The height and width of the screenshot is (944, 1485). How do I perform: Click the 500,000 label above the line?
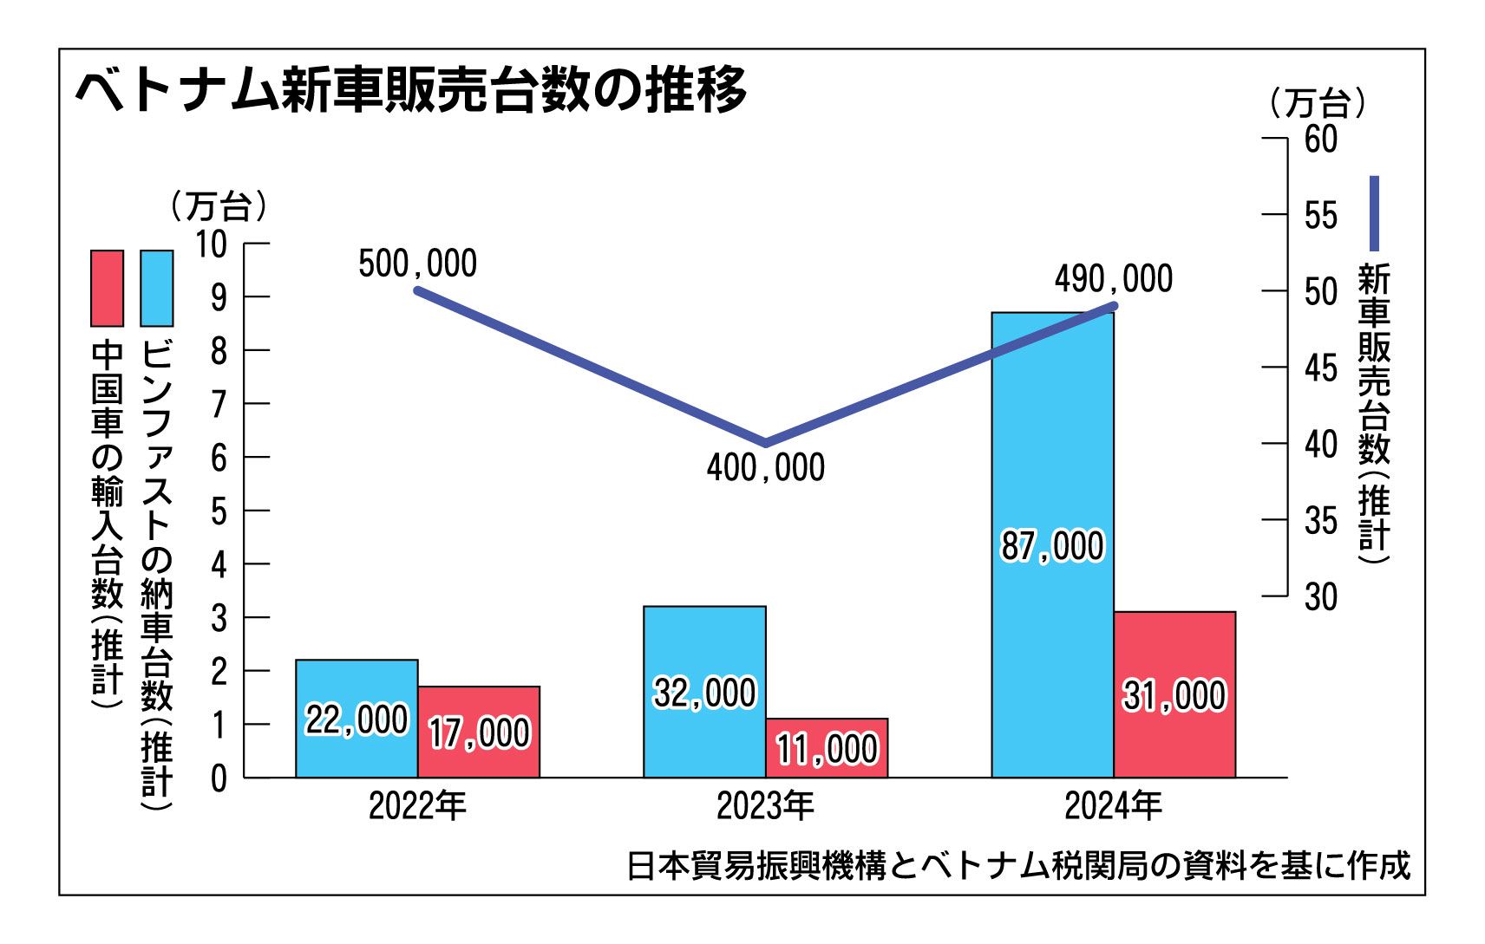point(417,264)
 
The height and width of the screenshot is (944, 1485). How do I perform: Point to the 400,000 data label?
point(765,468)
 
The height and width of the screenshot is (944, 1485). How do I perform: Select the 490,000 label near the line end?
point(1114,279)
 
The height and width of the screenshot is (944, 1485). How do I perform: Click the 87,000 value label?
point(1052,546)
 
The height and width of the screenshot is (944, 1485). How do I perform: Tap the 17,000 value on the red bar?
point(479,733)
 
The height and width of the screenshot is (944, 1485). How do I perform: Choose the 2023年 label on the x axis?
point(765,806)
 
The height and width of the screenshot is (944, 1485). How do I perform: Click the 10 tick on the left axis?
point(211,244)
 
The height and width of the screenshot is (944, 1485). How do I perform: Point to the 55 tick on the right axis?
point(1320,215)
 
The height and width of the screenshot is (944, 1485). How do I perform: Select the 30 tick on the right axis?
point(1320,596)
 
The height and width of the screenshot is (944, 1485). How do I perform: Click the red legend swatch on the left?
point(108,288)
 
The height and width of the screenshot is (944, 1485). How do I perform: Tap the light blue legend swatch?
point(157,288)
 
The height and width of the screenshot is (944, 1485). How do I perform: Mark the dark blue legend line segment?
point(1374,213)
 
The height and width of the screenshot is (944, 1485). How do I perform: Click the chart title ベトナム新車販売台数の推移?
point(410,90)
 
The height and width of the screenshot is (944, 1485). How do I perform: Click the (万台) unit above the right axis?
point(1317,104)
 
